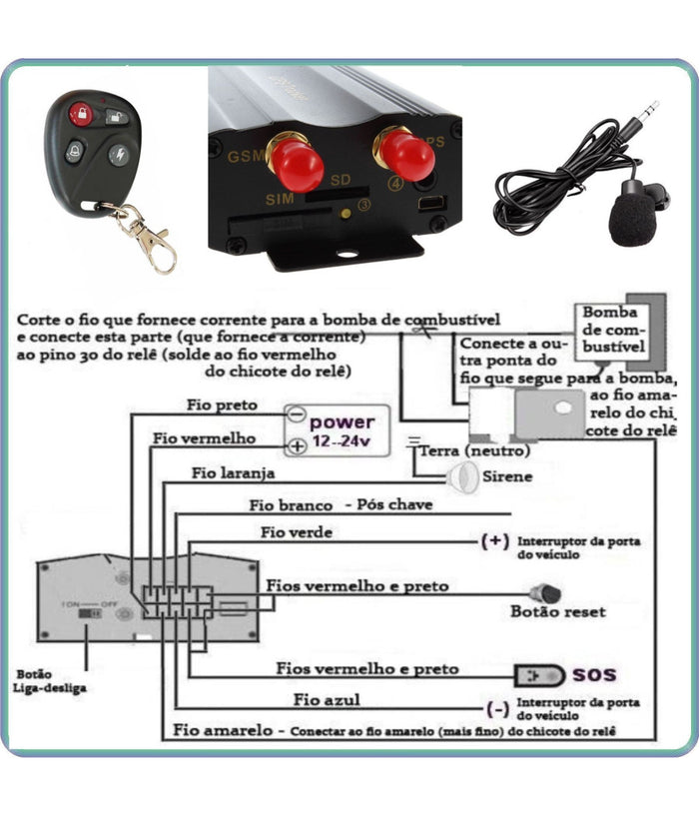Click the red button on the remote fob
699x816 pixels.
tap(80, 114)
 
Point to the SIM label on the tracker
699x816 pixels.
tap(281, 198)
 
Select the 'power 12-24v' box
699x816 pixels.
tap(341, 431)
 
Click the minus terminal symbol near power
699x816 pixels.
tap(296, 413)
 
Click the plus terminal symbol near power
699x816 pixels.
tap(296, 447)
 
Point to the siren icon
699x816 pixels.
tap(460, 477)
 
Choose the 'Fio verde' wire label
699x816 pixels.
tap(296, 532)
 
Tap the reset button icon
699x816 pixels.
tap(544, 594)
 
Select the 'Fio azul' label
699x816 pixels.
tap(327, 700)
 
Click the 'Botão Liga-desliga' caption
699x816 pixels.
tap(49, 681)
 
